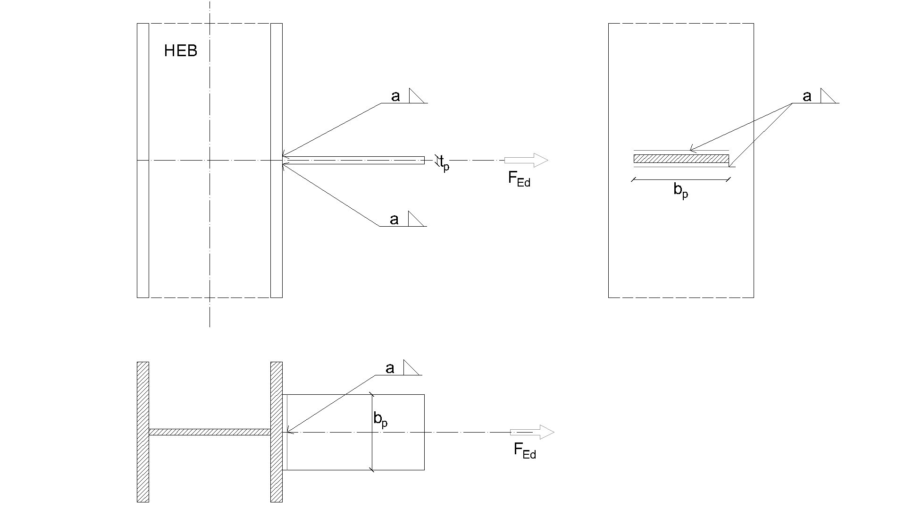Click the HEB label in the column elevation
pyautogui.click(x=180, y=51)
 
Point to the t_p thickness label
pyautogui.click(x=444, y=164)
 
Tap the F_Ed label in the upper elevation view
pyautogui.click(x=519, y=179)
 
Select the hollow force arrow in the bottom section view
pyautogui.click(x=532, y=432)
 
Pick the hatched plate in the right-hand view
pyautogui.click(x=681, y=159)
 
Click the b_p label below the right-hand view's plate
pyautogui.click(x=680, y=191)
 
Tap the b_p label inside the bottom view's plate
pyautogui.click(x=380, y=419)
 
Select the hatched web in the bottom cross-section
pyautogui.click(x=210, y=432)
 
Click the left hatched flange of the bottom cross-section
pyautogui.click(x=143, y=432)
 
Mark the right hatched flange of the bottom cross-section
pyautogui.click(x=277, y=432)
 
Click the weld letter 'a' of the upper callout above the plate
pyautogui.click(x=395, y=96)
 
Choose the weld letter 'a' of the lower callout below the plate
pyautogui.click(x=394, y=220)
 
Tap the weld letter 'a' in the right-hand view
pyautogui.click(x=807, y=96)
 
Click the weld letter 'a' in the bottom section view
pyautogui.click(x=390, y=368)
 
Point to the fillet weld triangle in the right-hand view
pyautogui.click(x=827, y=96)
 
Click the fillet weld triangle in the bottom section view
pyautogui.click(x=410, y=368)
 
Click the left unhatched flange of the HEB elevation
pyautogui.click(x=143, y=161)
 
